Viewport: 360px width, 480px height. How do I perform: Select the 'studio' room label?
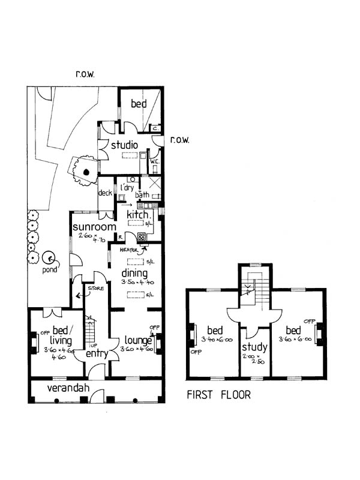coord(124,145)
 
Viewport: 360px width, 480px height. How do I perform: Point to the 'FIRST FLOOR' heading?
coord(218,395)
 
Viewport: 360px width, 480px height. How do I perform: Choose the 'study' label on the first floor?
coord(254,348)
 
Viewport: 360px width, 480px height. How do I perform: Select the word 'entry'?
coord(96,354)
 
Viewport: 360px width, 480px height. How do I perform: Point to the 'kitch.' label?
coord(138,214)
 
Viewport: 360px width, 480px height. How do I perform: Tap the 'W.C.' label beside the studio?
coord(154,161)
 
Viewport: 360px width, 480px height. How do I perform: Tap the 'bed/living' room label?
coord(62,336)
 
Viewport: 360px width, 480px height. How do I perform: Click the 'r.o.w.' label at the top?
coord(86,74)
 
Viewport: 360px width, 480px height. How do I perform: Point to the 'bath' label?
coord(142,195)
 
